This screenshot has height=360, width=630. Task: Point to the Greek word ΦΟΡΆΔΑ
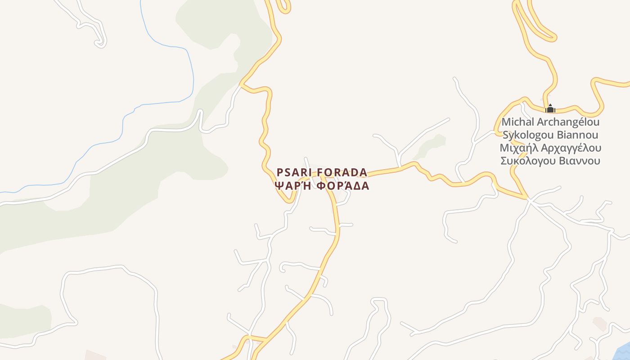point(343,185)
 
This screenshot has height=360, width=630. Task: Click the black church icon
point(550,108)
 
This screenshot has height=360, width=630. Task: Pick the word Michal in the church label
point(518,122)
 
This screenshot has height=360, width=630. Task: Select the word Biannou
point(578,135)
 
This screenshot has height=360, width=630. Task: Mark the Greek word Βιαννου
point(580,161)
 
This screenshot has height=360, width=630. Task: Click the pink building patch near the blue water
point(599,323)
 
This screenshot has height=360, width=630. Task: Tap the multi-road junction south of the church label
point(530,200)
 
